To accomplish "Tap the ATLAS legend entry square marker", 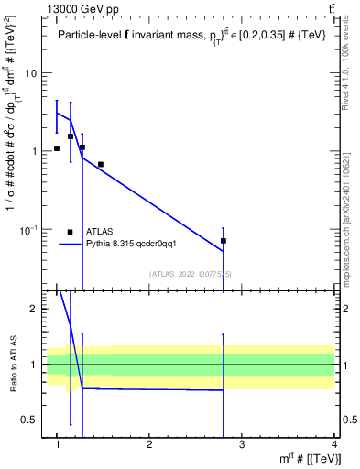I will pos(70,232).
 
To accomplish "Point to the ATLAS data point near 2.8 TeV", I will pos(224,241).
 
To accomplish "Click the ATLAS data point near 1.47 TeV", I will pos(100,165).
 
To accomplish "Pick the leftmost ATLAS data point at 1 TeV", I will pos(57,148).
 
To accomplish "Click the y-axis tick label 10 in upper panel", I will pos(31,73).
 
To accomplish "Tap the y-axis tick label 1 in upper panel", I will pos(34,151).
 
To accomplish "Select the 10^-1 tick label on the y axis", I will pos(28,229).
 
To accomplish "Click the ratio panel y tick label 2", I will pos(34,310).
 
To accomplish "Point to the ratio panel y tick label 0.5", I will pos(30,420).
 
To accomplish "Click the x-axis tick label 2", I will pos(149,444).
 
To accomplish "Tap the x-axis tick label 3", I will pos(242,444).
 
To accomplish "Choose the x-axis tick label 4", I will pos(333,444).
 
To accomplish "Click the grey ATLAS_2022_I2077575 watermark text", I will pos(191,274).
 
